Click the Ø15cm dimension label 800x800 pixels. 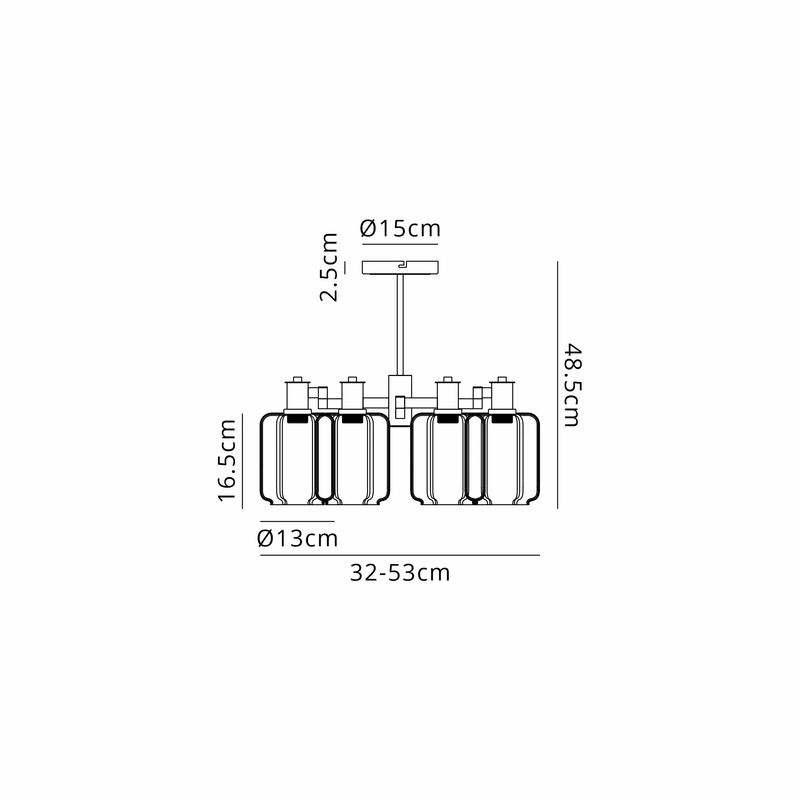(400, 228)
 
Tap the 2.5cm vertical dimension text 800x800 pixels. (329, 267)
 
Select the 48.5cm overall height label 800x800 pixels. (573, 385)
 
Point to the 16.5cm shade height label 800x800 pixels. (227, 460)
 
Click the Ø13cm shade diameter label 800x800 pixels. (297, 539)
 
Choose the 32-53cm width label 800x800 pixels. (400, 573)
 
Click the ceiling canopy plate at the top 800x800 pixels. (400, 268)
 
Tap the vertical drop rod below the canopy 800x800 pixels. (400, 325)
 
